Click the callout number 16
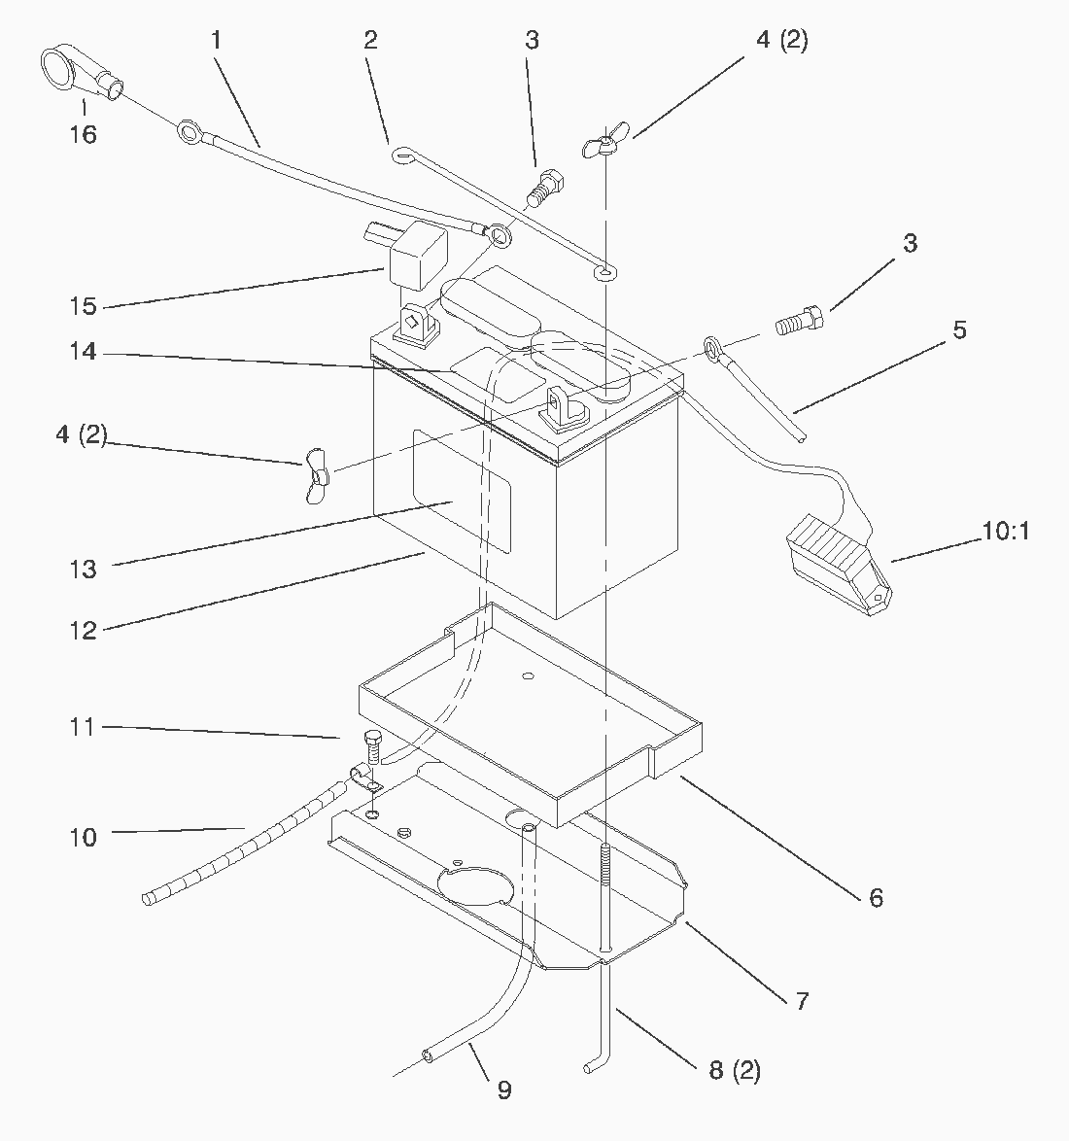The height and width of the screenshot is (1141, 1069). point(84,134)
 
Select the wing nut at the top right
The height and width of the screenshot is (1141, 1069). point(603,141)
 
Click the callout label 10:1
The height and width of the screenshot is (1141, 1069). point(1004,532)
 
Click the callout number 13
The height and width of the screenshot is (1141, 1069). point(84,570)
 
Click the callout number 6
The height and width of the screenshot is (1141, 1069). point(876,897)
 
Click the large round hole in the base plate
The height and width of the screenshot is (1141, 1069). point(476,884)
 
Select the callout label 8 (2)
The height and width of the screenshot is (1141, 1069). point(735,1071)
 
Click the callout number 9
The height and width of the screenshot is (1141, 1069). point(503,1090)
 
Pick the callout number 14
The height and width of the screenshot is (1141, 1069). point(84,352)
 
